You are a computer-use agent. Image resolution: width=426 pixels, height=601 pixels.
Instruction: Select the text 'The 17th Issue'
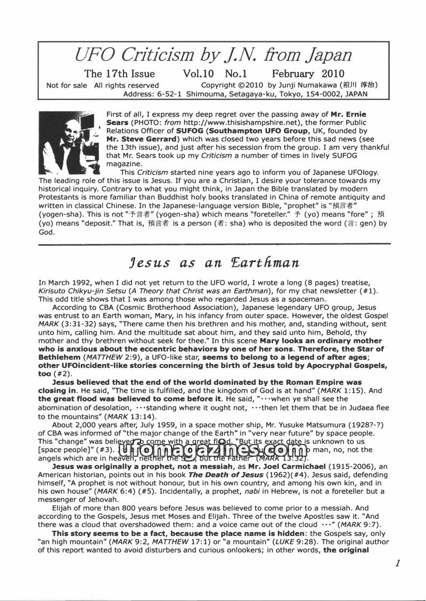(119, 73)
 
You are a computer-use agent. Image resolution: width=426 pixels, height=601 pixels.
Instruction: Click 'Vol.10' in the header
(199, 73)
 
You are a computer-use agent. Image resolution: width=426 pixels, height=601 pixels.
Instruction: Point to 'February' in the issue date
(294, 73)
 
